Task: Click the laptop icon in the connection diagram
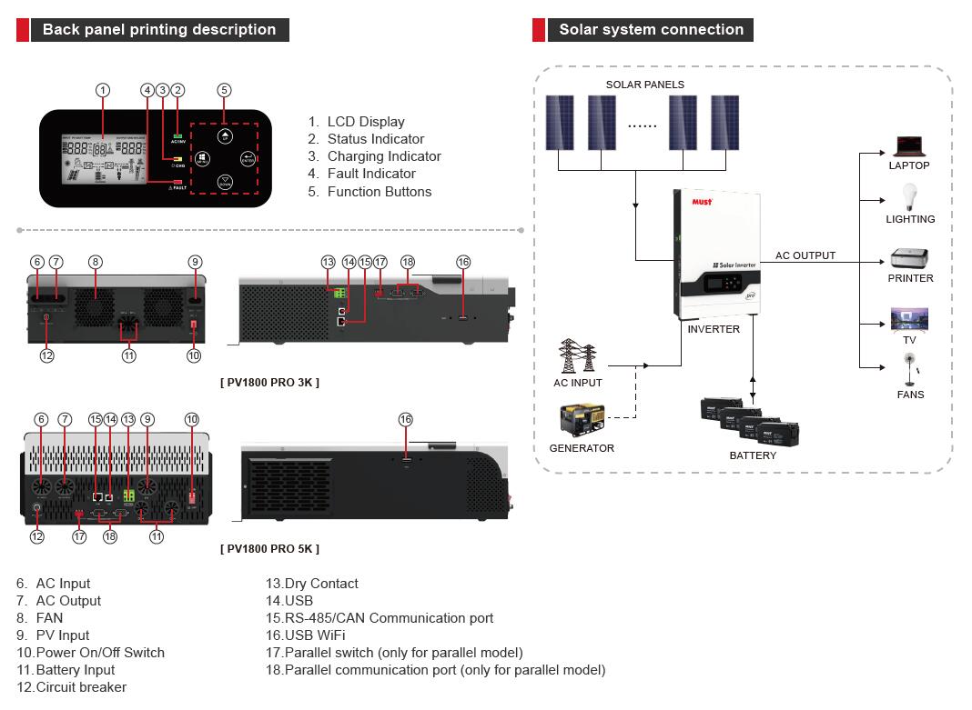[x=908, y=145]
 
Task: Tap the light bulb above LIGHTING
[x=908, y=196]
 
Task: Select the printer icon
[x=910, y=259]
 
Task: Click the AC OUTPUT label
[x=805, y=255]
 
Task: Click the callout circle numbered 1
[x=103, y=90]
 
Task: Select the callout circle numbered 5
[x=224, y=90]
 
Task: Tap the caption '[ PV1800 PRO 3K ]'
[x=270, y=383]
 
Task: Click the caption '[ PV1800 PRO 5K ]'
[x=270, y=549]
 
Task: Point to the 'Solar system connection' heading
[x=651, y=30]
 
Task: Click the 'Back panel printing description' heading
[x=158, y=30]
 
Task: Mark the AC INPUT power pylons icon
[x=578, y=356]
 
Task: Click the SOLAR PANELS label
[x=645, y=85]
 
